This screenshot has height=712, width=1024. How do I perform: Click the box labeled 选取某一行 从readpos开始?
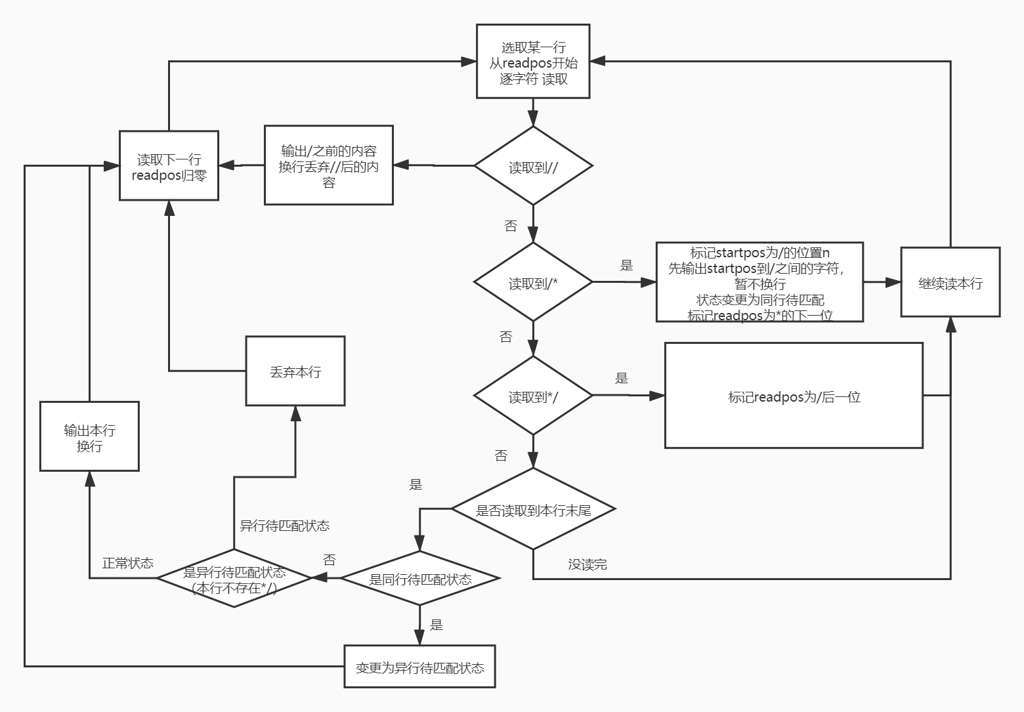pos(533,61)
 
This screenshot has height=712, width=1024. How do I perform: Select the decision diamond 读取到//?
pos(533,165)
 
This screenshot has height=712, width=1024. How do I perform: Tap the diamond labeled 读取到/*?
pos(533,282)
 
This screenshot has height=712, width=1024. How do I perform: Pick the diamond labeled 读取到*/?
pos(533,395)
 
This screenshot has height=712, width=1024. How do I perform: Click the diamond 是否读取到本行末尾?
pos(533,508)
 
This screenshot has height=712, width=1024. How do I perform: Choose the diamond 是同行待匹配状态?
pos(419,578)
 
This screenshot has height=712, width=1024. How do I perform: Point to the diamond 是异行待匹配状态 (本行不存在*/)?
pos(234,578)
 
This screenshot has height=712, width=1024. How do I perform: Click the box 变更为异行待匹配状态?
pos(419,666)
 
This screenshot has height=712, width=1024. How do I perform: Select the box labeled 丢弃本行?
pos(295,371)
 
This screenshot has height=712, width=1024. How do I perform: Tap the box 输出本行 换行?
pos(89,436)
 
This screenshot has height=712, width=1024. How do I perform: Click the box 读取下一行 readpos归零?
pos(169,165)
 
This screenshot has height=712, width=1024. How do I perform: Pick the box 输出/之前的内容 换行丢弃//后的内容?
pos(329,165)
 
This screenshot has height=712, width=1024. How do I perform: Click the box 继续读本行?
pos(950,282)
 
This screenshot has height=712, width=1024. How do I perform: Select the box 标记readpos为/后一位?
pos(794,395)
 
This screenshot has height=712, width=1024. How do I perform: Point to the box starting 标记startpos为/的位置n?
pos(759,282)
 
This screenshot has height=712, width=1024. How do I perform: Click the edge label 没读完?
pos(587,564)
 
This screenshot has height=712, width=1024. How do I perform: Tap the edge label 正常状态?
pos(127,563)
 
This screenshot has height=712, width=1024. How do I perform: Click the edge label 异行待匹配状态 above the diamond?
pos(284,526)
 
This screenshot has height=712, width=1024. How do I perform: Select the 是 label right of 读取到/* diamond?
pos(626,265)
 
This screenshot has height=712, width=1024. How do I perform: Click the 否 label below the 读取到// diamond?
pos(511,226)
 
